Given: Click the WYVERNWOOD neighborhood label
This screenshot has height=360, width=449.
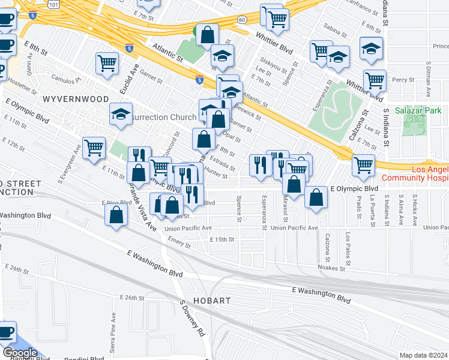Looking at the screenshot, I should [x=75, y=99].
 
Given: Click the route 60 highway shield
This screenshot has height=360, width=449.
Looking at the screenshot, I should [x=242, y=20].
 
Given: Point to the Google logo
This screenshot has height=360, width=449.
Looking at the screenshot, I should [x=19, y=353].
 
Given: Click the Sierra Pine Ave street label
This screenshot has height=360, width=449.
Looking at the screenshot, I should [x=113, y=324].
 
